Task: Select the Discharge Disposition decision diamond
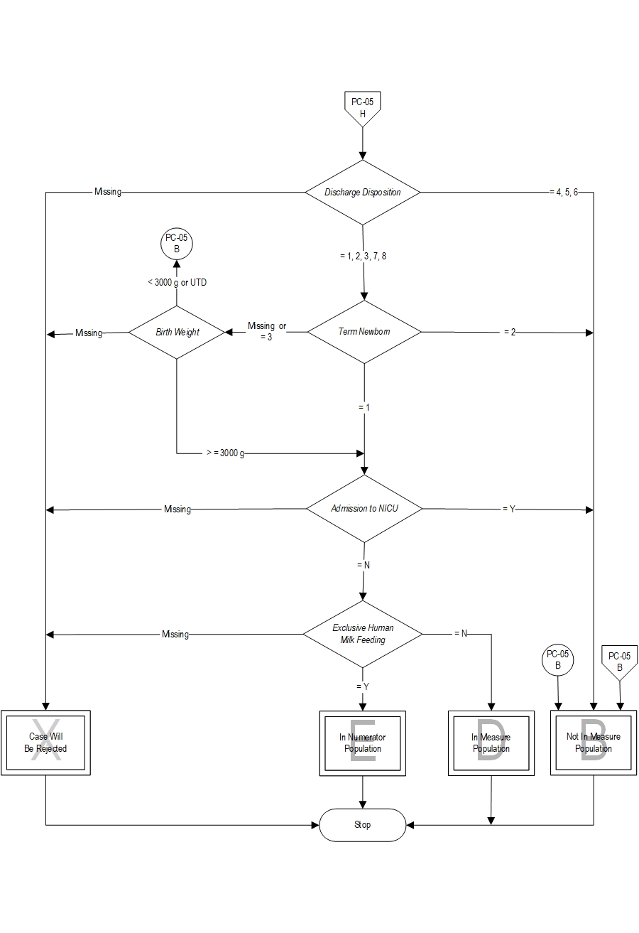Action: pyautogui.click(x=363, y=193)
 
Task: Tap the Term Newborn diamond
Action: pyautogui.click(x=364, y=332)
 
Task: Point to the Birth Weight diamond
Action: pyautogui.click(x=177, y=332)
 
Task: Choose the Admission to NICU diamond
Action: pyautogui.click(x=364, y=509)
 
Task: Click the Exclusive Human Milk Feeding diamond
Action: pyautogui.click(x=363, y=634)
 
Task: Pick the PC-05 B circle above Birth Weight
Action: pyautogui.click(x=177, y=244)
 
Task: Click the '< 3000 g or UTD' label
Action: pyautogui.click(x=177, y=282)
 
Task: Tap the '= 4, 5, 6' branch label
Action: pyautogui.click(x=564, y=193)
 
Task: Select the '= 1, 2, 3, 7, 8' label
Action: pyautogui.click(x=364, y=257)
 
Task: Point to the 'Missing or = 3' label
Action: pyautogui.click(x=267, y=331)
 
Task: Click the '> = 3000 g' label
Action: pyautogui.click(x=225, y=453)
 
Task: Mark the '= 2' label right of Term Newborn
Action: pyautogui.click(x=510, y=332)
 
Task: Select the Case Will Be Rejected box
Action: pyautogui.click(x=46, y=743)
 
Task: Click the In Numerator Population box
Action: pyautogui.click(x=363, y=743)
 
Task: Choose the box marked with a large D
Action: pyautogui.click(x=491, y=743)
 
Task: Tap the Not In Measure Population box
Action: pyautogui.click(x=594, y=743)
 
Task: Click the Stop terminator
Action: pyautogui.click(x=363, y=825)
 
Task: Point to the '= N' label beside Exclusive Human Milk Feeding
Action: pyautogui.click(x=461, y=633)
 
